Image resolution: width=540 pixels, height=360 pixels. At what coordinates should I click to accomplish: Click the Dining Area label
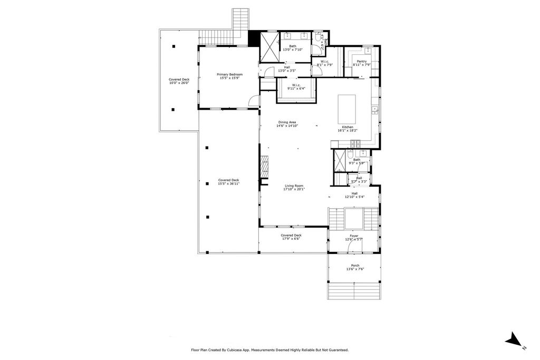tap(287, 124)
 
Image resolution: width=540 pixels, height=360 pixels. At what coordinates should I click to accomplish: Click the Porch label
tap(355, 267)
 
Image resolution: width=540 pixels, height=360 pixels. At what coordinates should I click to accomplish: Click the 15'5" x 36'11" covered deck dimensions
tap(229, 184)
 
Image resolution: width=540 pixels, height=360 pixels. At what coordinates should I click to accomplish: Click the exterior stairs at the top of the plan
tap(240, 20)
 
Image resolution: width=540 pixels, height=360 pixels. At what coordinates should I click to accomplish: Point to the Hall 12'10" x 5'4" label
tap(354, 195)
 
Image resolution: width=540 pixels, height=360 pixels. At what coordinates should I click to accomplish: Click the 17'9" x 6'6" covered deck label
tap(291, 237)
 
